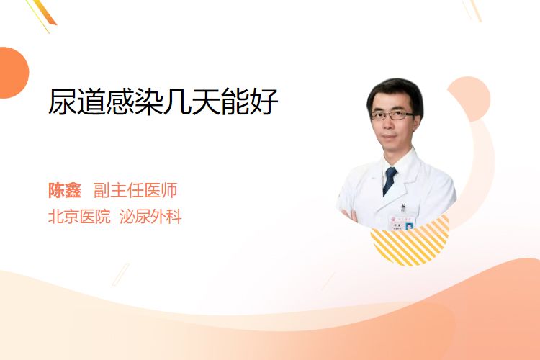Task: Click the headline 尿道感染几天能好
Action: tap(163, 102)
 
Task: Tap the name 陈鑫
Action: tap(65, 190)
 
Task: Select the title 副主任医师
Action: tap(135, 190)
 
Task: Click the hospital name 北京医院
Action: tap(79, 217)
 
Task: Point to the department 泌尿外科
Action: tap(150, 217)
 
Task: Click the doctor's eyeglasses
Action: tap(392, 115)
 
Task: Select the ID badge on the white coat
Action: tap(402, 223)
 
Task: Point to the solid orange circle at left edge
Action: tap(13, 73)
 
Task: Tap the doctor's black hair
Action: tap(395, 91)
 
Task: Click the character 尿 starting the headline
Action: tap(63, 102)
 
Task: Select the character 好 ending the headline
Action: tap(264, 102)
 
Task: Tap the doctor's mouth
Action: tap(390, 137)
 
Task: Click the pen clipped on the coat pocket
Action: tap(403, 208)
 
